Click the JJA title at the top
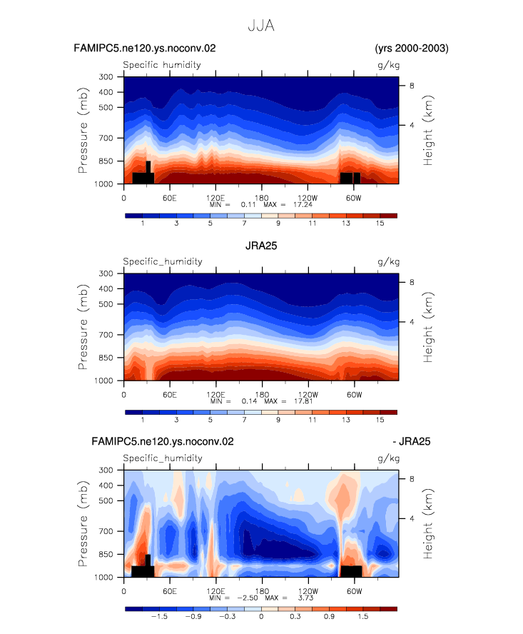261,26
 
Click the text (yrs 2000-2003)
412,49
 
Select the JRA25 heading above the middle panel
261,246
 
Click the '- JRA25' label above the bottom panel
412,441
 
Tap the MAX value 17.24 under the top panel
303,205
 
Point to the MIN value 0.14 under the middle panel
250,401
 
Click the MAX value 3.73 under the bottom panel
305,598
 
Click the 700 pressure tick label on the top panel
106,138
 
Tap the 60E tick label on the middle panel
170,395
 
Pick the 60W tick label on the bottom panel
355,591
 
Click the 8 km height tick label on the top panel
412,85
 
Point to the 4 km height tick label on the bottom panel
412,518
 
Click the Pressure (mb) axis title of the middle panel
83,327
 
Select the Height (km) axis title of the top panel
428,130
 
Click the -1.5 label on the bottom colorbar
159,617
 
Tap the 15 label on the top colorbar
380,223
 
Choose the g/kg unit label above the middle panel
388,262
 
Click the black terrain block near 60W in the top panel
350,178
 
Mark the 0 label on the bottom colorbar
261,617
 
